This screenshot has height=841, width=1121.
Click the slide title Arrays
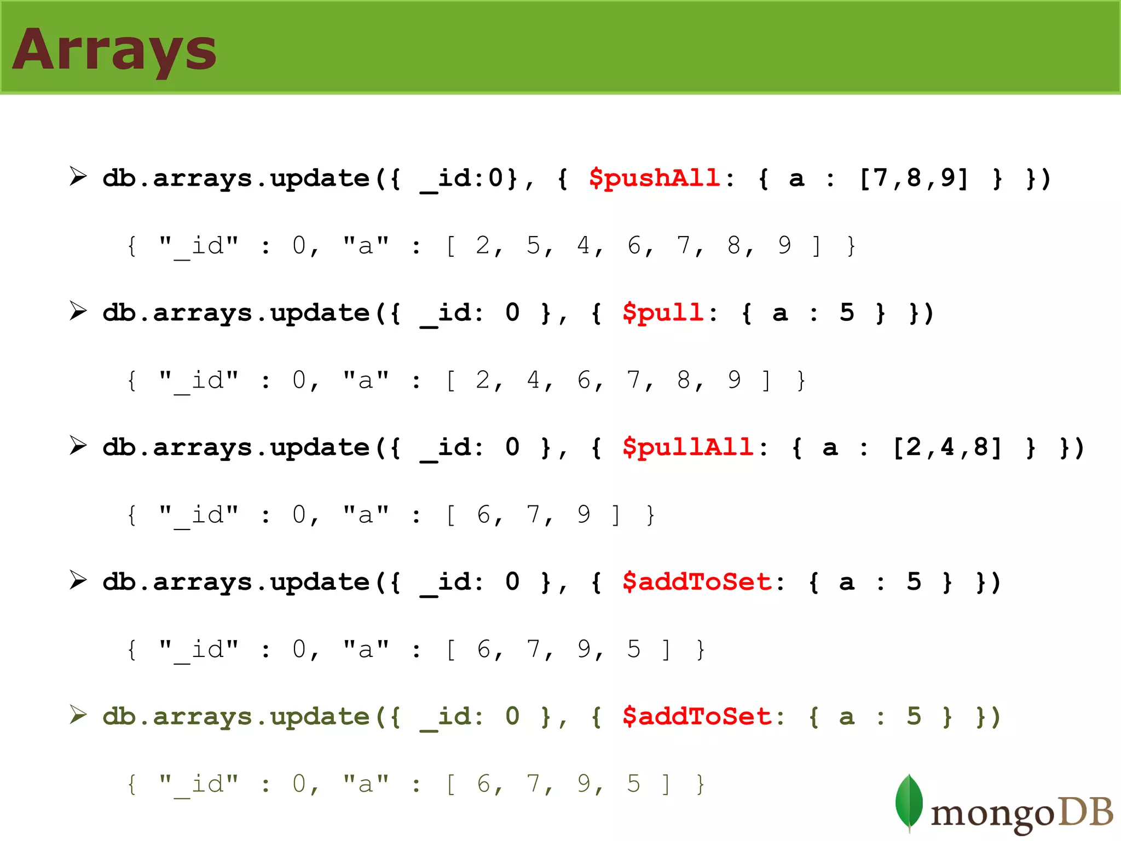[114, 50]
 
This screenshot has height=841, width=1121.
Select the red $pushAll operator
[655, 178]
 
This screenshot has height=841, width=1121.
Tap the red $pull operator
[663, 313]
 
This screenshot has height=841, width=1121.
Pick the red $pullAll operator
[688, 448]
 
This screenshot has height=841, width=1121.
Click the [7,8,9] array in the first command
[914, 178]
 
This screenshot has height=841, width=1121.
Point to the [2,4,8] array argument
[947, 448]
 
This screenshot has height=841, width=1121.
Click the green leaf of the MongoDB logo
[909, 802]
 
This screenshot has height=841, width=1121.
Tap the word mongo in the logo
[992, 814]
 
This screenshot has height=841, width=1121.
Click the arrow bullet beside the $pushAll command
[78, 176]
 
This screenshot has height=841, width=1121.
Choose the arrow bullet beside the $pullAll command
[78, 446]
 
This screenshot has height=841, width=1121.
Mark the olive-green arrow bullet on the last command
[78, 715]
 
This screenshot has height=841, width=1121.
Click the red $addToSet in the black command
[697, 582]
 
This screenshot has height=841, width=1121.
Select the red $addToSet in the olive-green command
[697, 717]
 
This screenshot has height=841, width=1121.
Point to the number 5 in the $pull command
[847, 313]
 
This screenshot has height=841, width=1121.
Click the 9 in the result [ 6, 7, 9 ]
[584, 514]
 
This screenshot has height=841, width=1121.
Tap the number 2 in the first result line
[483, 245]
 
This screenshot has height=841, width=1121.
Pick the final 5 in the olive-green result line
[634, 784]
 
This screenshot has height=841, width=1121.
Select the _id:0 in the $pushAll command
[469, 178]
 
